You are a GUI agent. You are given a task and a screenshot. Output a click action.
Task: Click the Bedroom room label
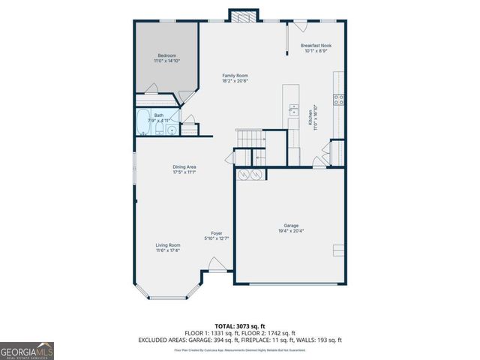click(x=166, y=55)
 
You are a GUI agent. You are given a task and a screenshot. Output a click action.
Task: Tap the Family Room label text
click(x=235, y=76)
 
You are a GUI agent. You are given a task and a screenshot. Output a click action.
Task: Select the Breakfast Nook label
click(x=316, y=46)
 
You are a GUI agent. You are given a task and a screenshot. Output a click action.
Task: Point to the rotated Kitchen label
click(x=310, y=118)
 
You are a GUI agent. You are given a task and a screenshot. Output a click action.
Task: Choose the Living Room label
click(x=168, y=245)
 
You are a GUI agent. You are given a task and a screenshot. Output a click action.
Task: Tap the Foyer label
click(x=217, y=233)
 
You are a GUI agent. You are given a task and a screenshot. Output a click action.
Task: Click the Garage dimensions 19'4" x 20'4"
click(x=289, y=231)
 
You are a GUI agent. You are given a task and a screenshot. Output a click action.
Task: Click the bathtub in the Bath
click(x=144, y=122)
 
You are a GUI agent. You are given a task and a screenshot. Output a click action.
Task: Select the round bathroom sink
click(x=172, y=130)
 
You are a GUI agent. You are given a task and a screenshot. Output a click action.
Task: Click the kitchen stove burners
click(x=338, y=97)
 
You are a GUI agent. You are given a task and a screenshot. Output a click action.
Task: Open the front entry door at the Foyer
click(x=216, y=264)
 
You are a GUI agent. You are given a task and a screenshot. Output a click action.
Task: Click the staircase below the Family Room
click(x=250, y=139)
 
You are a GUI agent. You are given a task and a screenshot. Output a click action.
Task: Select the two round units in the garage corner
click(x=250, y=175)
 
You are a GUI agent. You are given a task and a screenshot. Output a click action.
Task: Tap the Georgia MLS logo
click(x=27, y=350)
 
